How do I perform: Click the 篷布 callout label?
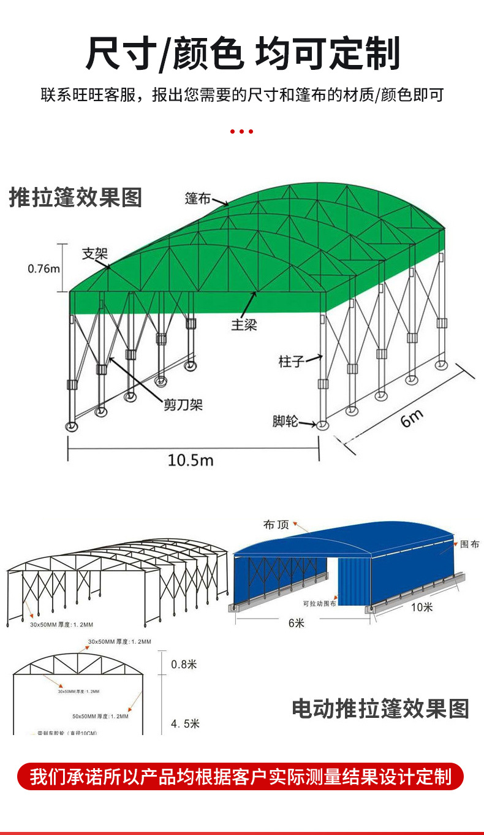(198, 198)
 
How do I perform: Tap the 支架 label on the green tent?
(95, 254)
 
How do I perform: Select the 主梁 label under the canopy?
(244, 325)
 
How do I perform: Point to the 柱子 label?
(291, 361)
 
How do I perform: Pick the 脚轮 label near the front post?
(285, 421)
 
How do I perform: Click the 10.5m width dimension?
(191, 459)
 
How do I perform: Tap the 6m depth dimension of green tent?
(412, 419)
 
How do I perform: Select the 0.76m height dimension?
(44, 269)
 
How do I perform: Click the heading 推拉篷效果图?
(75, 197)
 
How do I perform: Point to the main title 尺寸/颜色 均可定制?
(242, 53)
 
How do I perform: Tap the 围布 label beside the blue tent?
(469, 544)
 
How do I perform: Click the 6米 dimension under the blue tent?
(296, 623)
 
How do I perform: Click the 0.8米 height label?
(184, 664)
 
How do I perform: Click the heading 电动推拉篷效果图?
(380, 708)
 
